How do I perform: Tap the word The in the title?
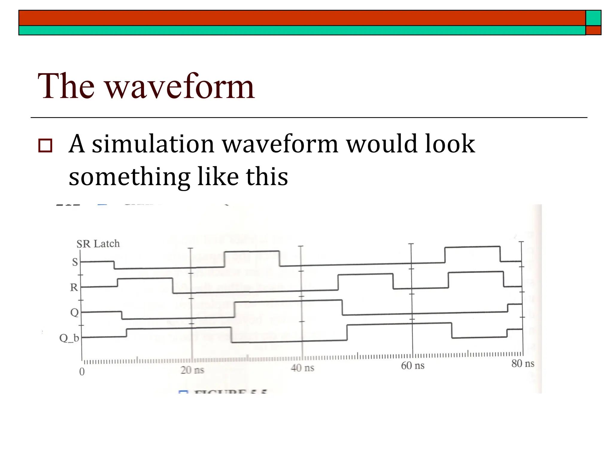pos(66,87)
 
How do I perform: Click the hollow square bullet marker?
pos(45,146)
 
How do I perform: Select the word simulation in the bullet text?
pos(153,144)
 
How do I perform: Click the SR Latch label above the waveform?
pos(98,244)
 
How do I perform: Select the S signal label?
pos(75,262)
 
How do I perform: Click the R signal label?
pos(74,287)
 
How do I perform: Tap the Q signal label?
pos(74,313)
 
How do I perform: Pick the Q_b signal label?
pos(69,338)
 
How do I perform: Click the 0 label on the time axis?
pos(82,372)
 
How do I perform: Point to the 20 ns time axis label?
pos(192,370)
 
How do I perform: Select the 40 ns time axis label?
pos(302,368)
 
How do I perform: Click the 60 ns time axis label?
pos(413,366)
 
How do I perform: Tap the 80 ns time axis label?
pos(523,364)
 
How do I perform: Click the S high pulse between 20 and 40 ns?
pos(252,252)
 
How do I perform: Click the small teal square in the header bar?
pos(593,18)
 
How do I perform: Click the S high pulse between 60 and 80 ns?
pos(472,248)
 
